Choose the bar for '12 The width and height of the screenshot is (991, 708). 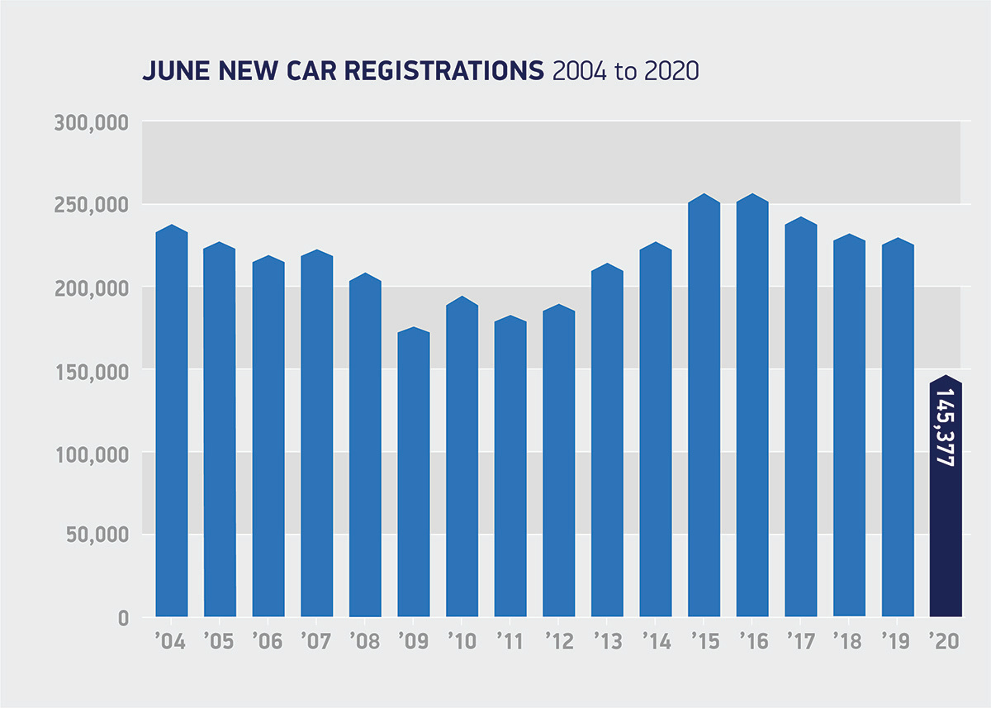pos(559,463)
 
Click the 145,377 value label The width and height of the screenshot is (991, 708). pos(946,427)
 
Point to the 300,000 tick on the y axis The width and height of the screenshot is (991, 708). pos(92,123)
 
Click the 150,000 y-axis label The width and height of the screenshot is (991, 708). pos(92,371)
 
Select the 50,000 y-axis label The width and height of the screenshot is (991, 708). pos(97,535)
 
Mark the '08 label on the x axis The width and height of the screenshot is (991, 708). pos(365,642)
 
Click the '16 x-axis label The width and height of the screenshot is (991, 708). pos(752,642)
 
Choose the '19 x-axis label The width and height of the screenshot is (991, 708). pos(898,642)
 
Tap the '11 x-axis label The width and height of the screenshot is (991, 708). pos(510,642)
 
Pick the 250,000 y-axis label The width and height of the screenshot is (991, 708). pos(92,205)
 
